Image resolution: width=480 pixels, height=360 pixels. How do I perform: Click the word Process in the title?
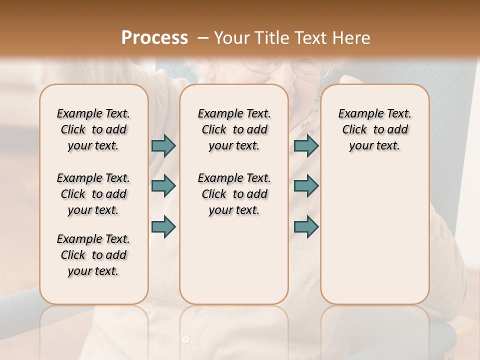(x=154, y=38)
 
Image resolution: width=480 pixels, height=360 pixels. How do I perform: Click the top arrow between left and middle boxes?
(x=163, y=145)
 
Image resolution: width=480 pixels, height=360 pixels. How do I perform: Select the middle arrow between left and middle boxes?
(x=163, y=186)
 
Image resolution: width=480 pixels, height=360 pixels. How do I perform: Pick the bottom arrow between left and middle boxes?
(x=163, y=226)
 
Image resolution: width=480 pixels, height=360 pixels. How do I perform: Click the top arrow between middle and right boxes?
(x=306, y=145)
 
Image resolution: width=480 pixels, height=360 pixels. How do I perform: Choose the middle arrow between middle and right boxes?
(x=306, y=186)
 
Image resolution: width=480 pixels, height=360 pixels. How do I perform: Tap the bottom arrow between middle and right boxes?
(x=306, y=226)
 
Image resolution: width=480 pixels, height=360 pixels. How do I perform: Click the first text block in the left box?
(x=93, y=129)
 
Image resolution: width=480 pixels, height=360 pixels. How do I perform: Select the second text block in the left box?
(x=93, y=194)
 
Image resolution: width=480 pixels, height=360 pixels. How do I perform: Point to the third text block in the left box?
(x=93, y=255)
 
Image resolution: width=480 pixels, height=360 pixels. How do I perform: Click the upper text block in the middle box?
(x=234, y=129)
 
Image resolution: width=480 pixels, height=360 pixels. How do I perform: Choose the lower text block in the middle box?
(x=234, y=194)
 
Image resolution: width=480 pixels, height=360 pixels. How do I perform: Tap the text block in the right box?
(x=374, y=129)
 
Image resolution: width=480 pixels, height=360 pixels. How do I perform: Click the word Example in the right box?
(x=358, y=114)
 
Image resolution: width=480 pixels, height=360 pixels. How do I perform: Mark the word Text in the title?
(x=307, y=38)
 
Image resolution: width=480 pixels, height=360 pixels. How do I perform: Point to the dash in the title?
(x=202, y=38)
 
